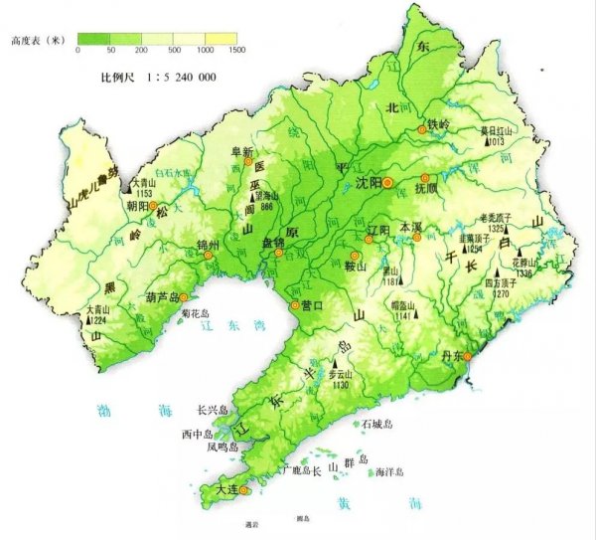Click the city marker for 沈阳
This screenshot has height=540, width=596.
tap(388, 183)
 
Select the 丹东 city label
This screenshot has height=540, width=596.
tap(450, 357)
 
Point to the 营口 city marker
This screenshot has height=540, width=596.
tap(294, 304)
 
